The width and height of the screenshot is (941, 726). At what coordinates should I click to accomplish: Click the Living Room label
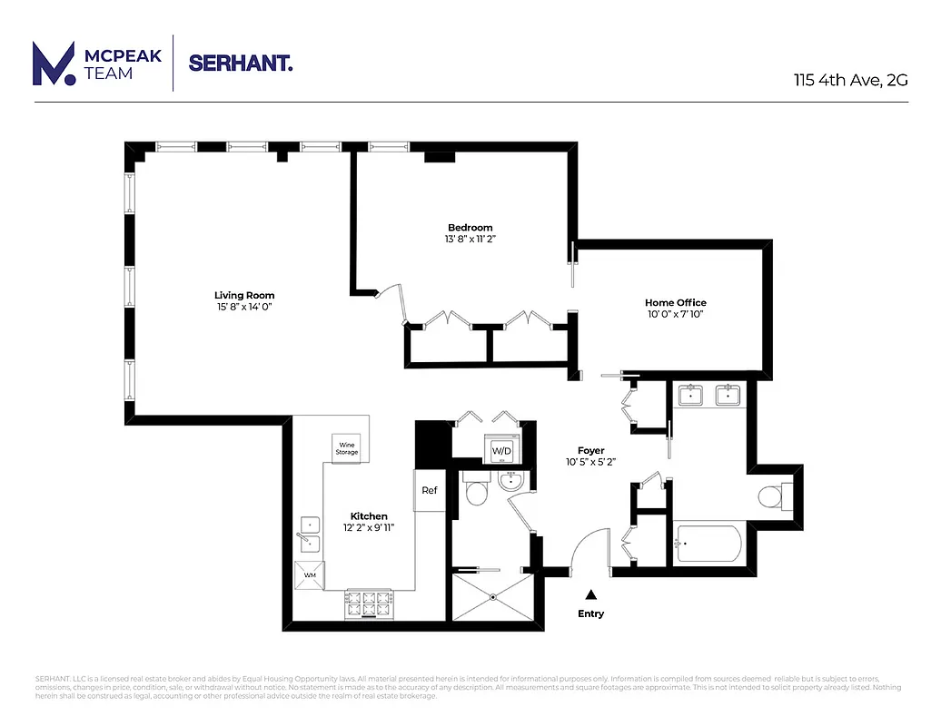tap(243, 295)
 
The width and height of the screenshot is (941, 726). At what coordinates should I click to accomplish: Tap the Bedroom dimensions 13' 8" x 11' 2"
tap(469, 240)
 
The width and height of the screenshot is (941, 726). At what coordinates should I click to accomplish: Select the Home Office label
tap(675, 302)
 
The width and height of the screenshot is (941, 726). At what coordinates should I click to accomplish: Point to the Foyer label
tap(590, 450)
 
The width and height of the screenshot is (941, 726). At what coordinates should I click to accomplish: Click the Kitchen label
tap(369, 515)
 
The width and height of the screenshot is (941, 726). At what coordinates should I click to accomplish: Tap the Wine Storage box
tap(346, 447)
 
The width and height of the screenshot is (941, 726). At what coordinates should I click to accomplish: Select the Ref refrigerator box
tap(430, 491)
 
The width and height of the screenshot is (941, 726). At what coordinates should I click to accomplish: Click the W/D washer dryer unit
tap(501, 450)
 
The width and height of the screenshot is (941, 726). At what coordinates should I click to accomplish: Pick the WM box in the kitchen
tap(310, 575)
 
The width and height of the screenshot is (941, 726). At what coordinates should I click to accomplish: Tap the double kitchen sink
tap(310, 534)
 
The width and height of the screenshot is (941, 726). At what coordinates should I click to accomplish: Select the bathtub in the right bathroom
tap(708, 544)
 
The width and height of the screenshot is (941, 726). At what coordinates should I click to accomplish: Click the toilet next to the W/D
tap(477, 490)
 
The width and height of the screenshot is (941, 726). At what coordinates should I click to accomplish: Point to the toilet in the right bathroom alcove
tap(772, 496)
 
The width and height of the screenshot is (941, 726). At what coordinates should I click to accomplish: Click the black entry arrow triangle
tap(590, 594)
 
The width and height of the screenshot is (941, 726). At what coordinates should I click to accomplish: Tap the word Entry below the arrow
tap(590, 613)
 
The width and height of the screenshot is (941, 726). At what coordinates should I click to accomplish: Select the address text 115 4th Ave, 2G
tap(850, 79)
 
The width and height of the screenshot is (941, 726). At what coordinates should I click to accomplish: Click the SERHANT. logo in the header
tap(241, 63)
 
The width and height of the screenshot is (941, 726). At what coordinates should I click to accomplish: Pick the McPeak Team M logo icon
tap(54, 64)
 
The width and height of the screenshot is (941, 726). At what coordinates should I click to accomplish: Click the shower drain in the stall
tap(492, 597)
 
